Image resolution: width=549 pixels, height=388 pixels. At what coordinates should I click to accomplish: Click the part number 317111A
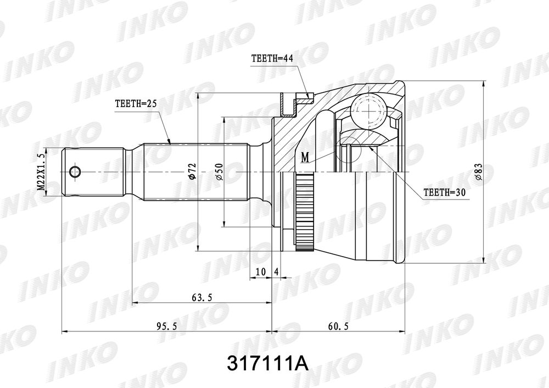(268, 364)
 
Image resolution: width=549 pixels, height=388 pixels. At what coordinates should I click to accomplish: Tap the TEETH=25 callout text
(136, 103)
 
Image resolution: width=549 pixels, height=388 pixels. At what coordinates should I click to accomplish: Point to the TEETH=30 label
(444, 192)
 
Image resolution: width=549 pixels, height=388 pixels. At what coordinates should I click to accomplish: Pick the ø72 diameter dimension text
(192, 171)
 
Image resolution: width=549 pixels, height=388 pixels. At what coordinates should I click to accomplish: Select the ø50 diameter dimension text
(219, 172)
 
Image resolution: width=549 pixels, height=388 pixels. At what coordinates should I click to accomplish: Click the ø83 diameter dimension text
(479, 172)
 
